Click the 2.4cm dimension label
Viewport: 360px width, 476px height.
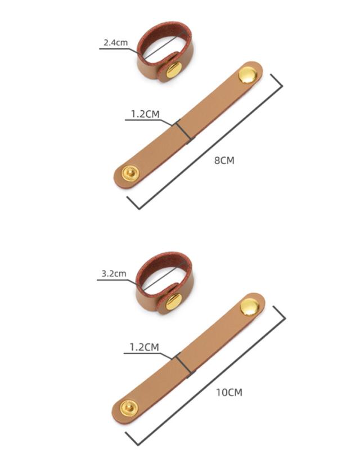click(116, 42)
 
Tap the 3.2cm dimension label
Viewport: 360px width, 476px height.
click(114, 273)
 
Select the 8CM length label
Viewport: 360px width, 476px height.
click(224, 160)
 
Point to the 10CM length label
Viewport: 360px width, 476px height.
click(229, 392)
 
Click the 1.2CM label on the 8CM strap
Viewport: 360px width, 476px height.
click(145, 114)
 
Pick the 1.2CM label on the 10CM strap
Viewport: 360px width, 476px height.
click(144, 347)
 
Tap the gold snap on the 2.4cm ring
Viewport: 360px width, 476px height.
click(174, 70)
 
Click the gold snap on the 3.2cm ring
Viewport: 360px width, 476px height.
click(174, 302)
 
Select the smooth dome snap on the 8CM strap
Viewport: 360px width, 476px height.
click(247, 75)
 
